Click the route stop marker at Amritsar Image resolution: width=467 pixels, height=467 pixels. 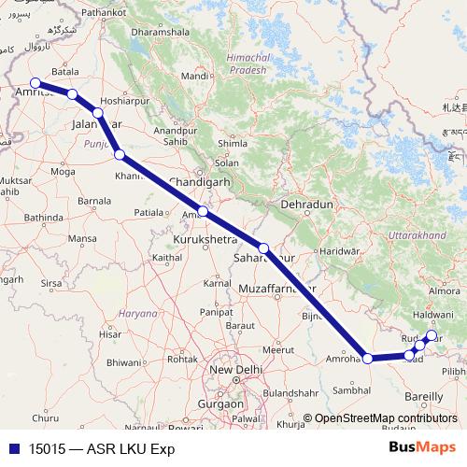tap(35, 83)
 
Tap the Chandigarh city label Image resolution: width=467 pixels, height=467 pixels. tap(199, 182)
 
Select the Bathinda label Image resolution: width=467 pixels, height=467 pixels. tap(44, 218)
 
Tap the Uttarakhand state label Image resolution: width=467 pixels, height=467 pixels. tap(419, 236)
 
